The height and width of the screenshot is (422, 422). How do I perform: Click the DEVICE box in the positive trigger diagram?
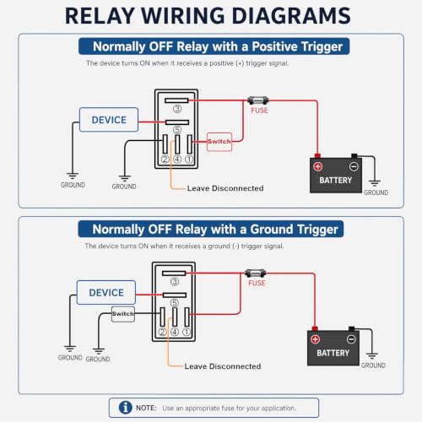[x=109, y=120]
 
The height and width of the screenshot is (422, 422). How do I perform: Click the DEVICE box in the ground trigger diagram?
[x=106, y=292]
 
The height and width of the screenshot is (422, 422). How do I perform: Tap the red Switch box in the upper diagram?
[x=219, y=142]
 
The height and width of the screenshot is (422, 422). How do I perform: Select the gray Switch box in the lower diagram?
[x=123, y=314]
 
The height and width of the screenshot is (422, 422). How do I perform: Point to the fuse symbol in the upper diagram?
[x=258, y=100]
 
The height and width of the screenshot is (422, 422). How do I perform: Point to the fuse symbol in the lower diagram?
[x=256, y=273]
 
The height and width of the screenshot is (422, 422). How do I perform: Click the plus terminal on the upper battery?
[x=318, y=166]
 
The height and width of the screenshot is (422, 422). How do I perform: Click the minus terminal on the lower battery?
[x=351, y=339]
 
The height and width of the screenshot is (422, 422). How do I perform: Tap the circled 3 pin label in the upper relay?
[x=177, y=109]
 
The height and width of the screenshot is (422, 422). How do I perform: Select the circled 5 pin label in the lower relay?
[x=175, y=303]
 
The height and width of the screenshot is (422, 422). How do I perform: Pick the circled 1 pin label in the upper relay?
[x=189, y=160]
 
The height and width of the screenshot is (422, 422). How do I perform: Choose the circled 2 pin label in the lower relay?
[x=162, y=332]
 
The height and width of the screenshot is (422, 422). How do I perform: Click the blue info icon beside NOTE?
[x=126, y=408]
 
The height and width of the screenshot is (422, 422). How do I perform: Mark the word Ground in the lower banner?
[x=272, y=230]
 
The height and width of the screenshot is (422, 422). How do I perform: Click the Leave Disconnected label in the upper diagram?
[x=225, y=188]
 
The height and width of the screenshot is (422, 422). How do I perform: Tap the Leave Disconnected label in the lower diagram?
[x=223, y=366]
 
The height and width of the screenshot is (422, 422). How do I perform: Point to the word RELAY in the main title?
[x=100, y=16]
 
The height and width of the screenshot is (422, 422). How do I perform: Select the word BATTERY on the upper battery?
[x=336, y=180]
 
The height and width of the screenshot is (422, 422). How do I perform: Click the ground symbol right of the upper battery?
[x=375, y=183]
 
